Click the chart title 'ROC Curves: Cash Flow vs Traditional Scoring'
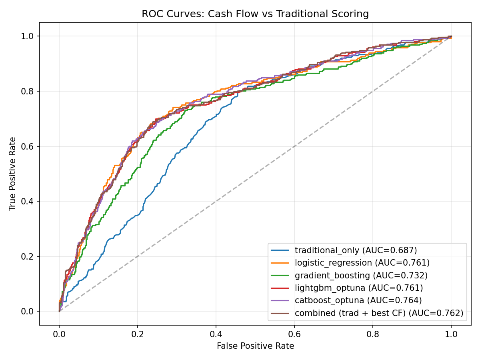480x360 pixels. tap(255, 14)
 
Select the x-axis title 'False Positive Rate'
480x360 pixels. tap(255, 346)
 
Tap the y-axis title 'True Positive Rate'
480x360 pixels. tap(13, 174)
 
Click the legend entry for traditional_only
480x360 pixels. tap(356, 250)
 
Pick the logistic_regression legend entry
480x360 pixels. tap(362, 263)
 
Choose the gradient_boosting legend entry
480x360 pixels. tap(361, 275)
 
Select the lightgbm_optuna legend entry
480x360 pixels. tap(358, 288)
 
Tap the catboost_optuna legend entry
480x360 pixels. tap(358, 300)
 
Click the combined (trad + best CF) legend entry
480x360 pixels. tap(379, 313)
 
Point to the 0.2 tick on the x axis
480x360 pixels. tap(138, 333)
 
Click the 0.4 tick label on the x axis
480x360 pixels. tap(216, 333)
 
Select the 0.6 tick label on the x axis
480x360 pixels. tap(294, 333)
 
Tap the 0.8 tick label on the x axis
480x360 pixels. tap(373, 333)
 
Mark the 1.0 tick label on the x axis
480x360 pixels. tap(451, 333)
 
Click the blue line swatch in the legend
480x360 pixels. tap(280, 250)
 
